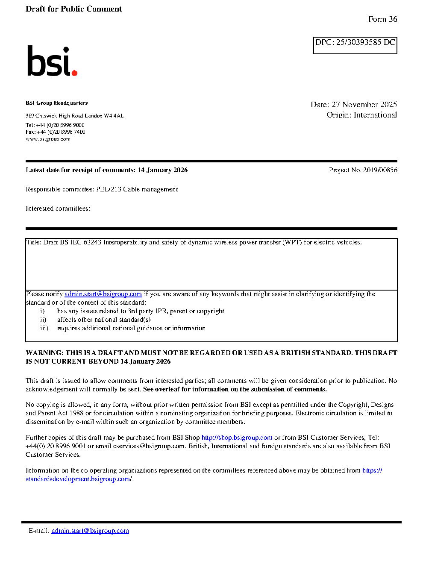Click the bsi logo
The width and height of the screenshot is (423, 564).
52,61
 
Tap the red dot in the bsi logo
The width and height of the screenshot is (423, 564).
75,73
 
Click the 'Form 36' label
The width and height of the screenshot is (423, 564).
382,19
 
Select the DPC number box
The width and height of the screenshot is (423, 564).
355,45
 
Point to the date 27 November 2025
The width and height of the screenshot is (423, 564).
364,105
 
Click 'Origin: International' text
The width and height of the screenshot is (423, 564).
361,115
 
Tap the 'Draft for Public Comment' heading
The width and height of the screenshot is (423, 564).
73,9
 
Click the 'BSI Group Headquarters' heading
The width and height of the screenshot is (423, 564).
56,103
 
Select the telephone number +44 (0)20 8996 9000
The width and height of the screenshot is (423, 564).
60,125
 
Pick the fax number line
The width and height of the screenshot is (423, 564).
55,132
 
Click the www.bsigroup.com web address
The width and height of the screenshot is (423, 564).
48,139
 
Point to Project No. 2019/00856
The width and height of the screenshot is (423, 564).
363,170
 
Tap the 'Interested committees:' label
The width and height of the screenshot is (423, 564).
58,209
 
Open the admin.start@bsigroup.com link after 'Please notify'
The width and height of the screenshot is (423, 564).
103,294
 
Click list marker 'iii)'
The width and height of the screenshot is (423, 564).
44,328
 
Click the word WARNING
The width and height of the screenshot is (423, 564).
44,353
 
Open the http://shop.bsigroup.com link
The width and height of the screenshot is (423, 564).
237,438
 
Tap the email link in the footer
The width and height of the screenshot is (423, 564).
90,531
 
